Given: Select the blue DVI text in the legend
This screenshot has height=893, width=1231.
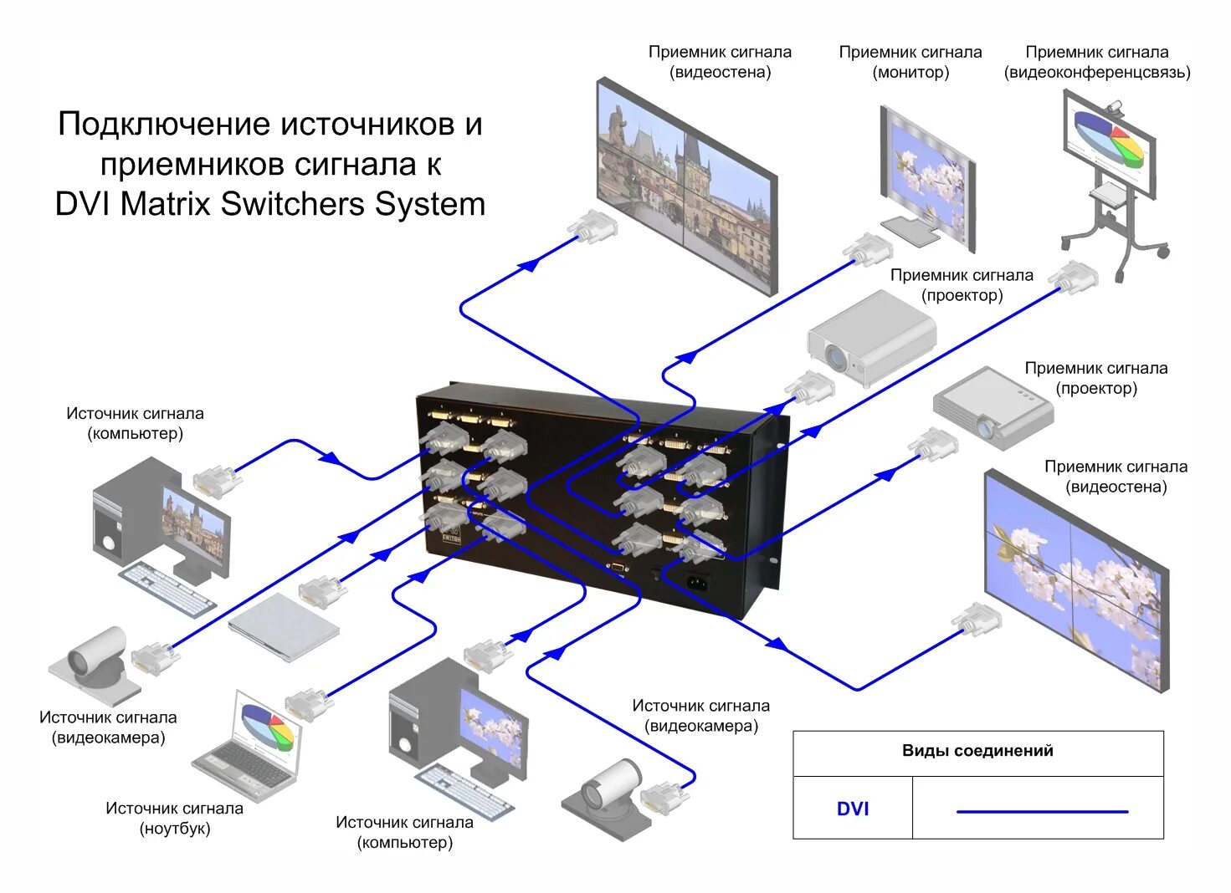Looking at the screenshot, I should tap(852, 809).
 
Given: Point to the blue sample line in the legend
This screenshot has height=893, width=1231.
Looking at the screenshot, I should tap(1042, 811).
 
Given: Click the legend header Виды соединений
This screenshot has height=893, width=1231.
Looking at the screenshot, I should tap(977, 751).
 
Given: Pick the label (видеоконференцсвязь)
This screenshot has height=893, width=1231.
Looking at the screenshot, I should tap(1096, 73).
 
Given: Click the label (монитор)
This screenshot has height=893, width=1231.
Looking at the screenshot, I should tap(910, 73).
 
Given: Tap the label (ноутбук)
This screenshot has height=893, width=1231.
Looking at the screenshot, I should tap(174, 829).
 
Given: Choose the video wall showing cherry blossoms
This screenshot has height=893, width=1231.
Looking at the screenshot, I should tap(1075, 577).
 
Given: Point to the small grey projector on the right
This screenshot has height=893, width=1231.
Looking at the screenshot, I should tap(992, 407).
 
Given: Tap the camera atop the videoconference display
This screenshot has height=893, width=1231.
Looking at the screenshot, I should tap(1114, 107).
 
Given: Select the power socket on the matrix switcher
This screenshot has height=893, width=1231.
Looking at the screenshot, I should tap(697, 580).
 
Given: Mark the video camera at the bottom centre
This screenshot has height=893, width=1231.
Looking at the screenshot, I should tap(604, 799).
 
